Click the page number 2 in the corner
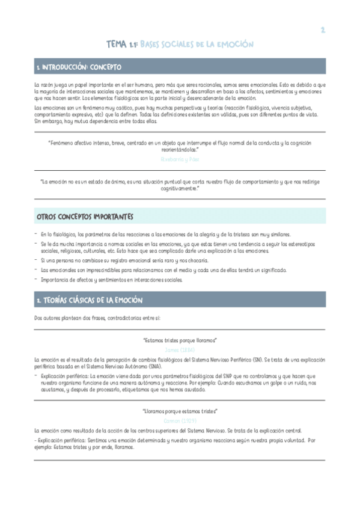[x=322, y=29]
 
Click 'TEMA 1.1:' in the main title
[x=122, y=44]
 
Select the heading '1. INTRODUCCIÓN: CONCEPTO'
[x=78, y=66]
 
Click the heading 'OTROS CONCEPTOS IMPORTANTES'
[x=85, y=216]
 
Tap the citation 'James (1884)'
[x=180, y=349]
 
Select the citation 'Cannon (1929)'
[x=180, y=420]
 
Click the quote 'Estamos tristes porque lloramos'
[x=180, y=340]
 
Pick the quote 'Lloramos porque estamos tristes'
[x=180, y=411]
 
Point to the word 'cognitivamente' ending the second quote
[x=178, y=188]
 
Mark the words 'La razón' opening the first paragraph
[x=44, y=85]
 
